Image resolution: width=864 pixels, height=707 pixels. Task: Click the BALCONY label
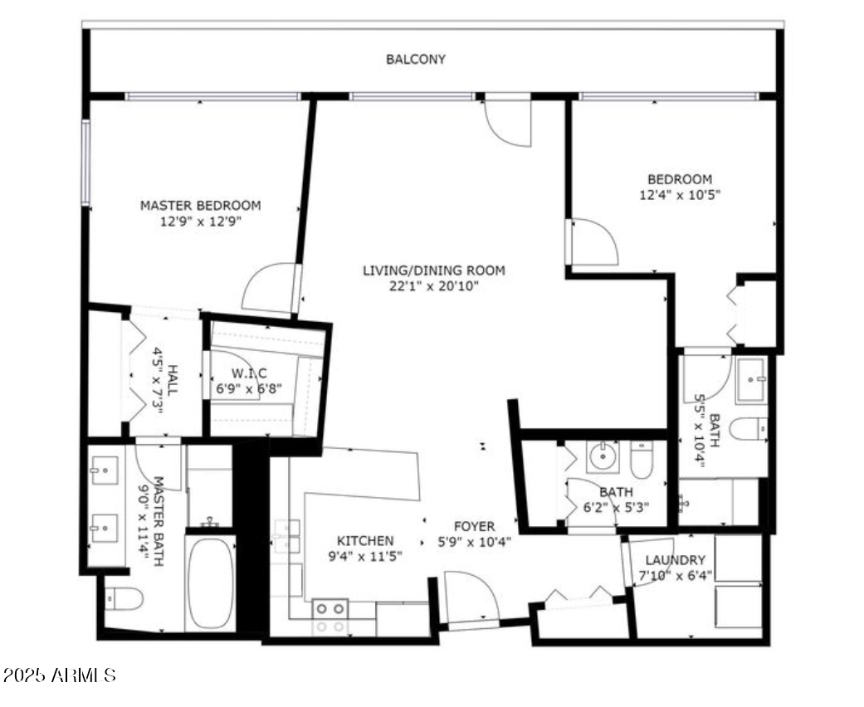coord(415,60)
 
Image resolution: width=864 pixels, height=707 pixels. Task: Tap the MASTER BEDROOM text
coord(200,205)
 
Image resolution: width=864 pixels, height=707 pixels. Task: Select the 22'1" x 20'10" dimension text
coord(433,286)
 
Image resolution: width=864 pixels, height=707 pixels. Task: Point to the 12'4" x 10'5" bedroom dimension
coord(679,196)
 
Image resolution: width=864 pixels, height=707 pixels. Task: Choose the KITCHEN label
coord(365,540)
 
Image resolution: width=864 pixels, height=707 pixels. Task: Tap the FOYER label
coord(474,526)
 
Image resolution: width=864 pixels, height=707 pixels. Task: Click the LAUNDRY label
coord(675,560)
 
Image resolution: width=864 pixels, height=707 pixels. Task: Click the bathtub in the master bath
coord(210,583)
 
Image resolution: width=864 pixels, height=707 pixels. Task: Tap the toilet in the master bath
coord(124,597)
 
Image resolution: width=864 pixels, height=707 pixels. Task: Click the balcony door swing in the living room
coord(507,123)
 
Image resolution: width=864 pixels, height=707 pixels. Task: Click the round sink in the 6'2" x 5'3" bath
coord(602,455)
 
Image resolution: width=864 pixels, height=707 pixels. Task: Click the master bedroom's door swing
coord(270,289)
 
